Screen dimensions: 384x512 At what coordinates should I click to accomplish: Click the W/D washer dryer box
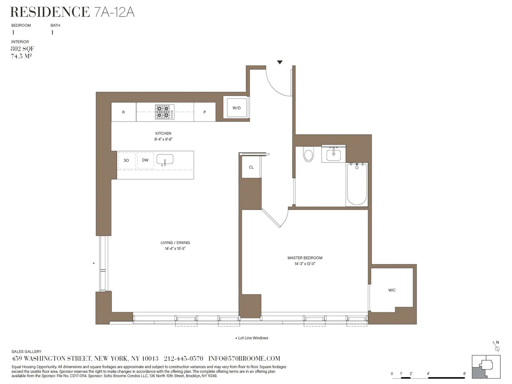[237, 108]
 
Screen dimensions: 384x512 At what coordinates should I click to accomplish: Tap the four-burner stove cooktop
[164, 112]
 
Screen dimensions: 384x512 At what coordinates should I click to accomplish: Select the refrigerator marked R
[123, 113]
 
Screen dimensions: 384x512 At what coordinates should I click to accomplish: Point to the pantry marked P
[205, 113]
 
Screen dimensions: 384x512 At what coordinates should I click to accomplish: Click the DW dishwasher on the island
[145, 160]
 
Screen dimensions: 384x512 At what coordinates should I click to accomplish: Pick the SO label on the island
[126, 160]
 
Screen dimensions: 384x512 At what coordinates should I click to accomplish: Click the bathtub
[357, 184]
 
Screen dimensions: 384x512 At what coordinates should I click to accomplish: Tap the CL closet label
[251, 167]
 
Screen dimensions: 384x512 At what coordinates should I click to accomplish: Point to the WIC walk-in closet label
[392, 291]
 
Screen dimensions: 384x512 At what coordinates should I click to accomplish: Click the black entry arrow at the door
[279, 62]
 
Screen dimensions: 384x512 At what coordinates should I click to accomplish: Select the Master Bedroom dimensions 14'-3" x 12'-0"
[305, 264]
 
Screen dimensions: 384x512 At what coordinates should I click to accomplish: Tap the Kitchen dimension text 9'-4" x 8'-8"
[163, 139]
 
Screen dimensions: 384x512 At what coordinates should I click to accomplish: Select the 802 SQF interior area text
[20, 49]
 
